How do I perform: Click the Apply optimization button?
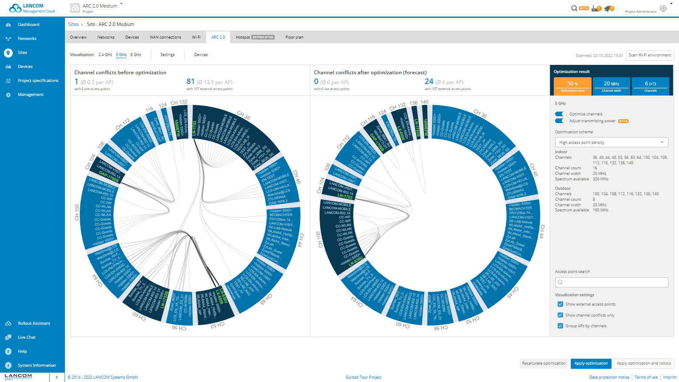(591, 363)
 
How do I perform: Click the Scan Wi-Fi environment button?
(650, 55)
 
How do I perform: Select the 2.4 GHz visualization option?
(105, 55)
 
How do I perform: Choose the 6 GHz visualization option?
(136, 55)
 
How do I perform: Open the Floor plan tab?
(294, 37)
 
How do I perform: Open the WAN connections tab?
(165, 37)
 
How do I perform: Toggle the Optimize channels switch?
(561, 114)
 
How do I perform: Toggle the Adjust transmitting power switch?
(561, 121)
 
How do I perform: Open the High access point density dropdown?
(611, 143)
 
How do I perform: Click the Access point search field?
(611, 282)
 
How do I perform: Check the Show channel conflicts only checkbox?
(560, 315)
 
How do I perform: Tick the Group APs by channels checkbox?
(560, 326)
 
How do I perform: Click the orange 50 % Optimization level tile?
(572, 86)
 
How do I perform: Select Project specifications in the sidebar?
(38, 81)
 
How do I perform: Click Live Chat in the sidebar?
(26, 337)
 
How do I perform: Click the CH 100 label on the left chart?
(77, 212)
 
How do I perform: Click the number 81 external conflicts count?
(190, 81)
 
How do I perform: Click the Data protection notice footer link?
(609, 377)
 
